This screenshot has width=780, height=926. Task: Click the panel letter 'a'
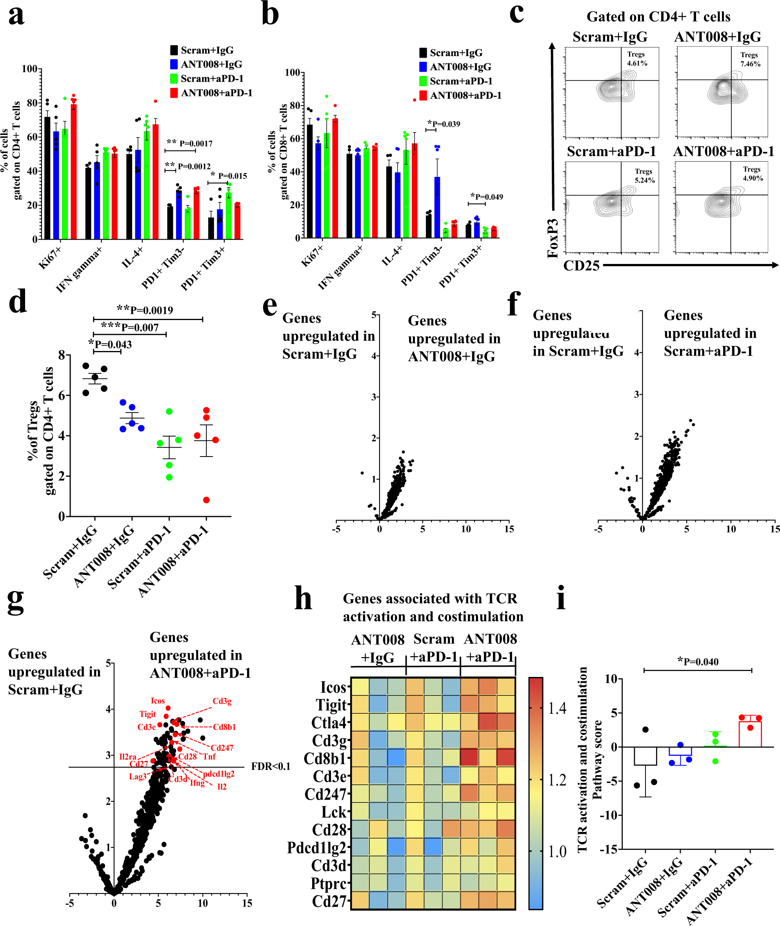[16, 15]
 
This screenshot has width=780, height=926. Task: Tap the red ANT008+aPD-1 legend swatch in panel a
[174, 93]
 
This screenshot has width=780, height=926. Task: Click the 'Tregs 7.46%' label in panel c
[750, 60]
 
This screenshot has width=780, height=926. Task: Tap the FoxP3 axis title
[553, 238]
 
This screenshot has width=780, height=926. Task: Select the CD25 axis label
[581, 266]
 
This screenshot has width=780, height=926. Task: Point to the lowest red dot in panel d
[206, 500]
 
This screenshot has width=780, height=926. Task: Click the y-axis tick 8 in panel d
[62, 355]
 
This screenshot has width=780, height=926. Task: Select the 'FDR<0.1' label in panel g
[271, 766]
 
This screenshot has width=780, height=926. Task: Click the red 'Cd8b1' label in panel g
[224, 727]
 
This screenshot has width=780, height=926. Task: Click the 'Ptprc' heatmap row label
[328, 883]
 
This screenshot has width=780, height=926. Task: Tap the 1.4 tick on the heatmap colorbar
[557, 708]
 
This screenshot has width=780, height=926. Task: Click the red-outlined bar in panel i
[750, 734]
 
